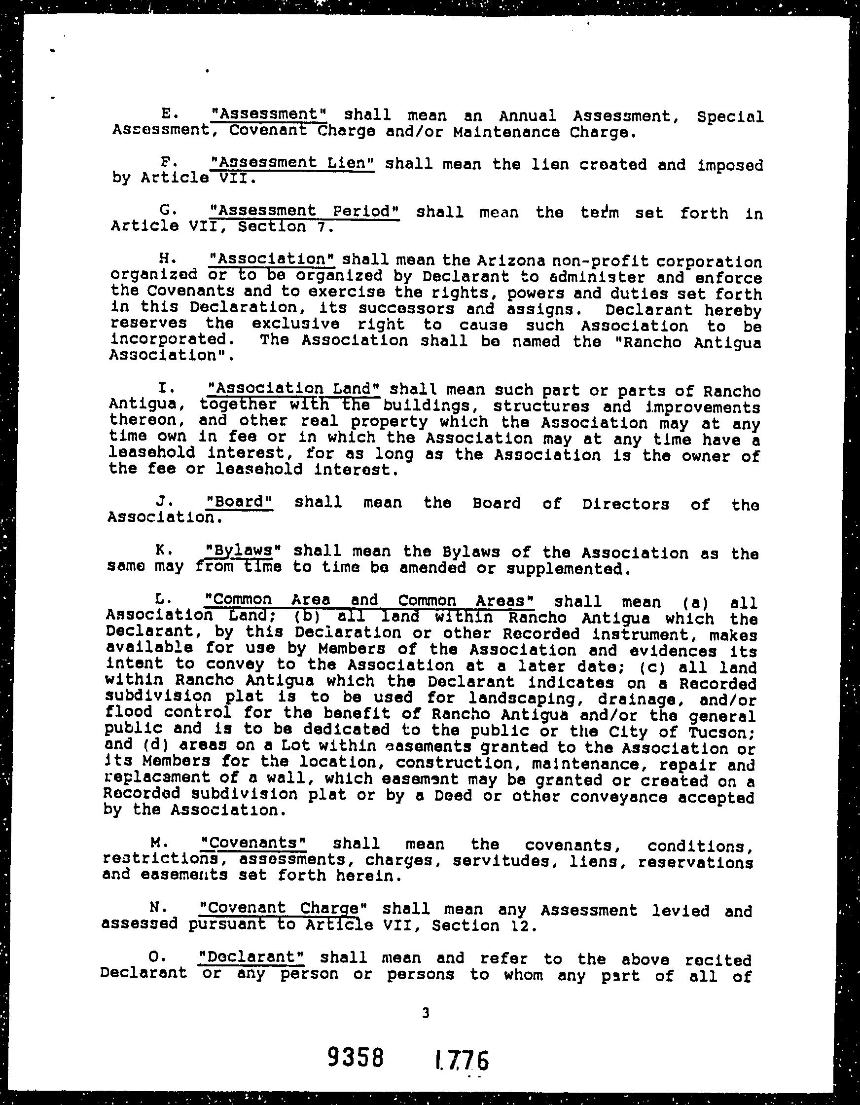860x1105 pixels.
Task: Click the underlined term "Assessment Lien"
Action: point(292,163)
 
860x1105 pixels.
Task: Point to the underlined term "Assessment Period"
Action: point(305,211)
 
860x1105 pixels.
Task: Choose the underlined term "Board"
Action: point(240,502)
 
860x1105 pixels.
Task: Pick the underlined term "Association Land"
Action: point(294,389)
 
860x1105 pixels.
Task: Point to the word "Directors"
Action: point(625,504)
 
